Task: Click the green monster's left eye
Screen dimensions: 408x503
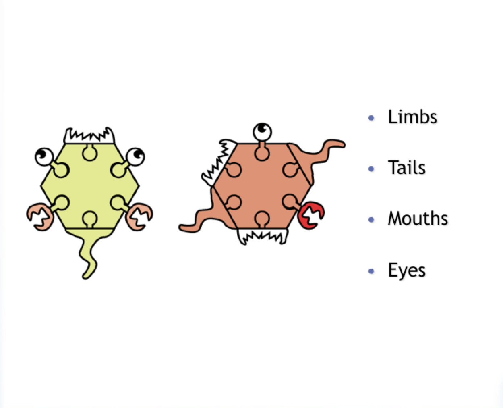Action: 44,156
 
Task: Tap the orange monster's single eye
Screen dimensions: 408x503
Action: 262,131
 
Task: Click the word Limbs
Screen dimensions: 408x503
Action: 412,117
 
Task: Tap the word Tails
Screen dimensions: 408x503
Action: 406,168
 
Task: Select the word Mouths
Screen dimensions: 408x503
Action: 418,219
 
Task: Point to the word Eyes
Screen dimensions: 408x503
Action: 406,270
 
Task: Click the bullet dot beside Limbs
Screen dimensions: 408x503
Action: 371,118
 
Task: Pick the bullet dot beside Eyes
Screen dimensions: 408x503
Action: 371,271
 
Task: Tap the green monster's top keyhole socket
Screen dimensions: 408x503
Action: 89,152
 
